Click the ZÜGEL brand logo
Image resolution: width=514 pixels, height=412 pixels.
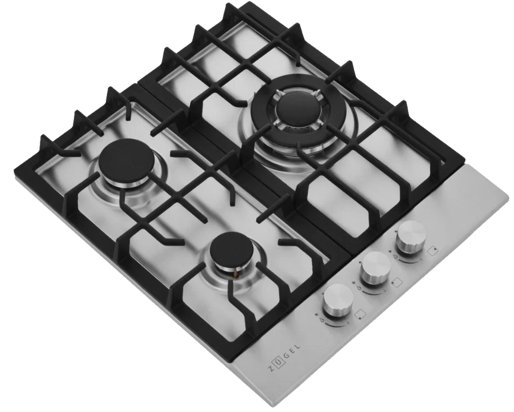(283, 357)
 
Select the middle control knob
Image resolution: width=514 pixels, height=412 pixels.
(376, 267)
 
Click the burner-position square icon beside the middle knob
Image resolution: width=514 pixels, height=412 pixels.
(397, 283)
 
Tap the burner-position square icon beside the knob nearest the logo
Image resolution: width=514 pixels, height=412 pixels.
(360, 314)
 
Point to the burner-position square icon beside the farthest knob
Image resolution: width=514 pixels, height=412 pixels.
(433, 251)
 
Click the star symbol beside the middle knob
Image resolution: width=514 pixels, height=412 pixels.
(354, 282)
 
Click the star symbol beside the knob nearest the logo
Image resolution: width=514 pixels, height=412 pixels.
(317, 314)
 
